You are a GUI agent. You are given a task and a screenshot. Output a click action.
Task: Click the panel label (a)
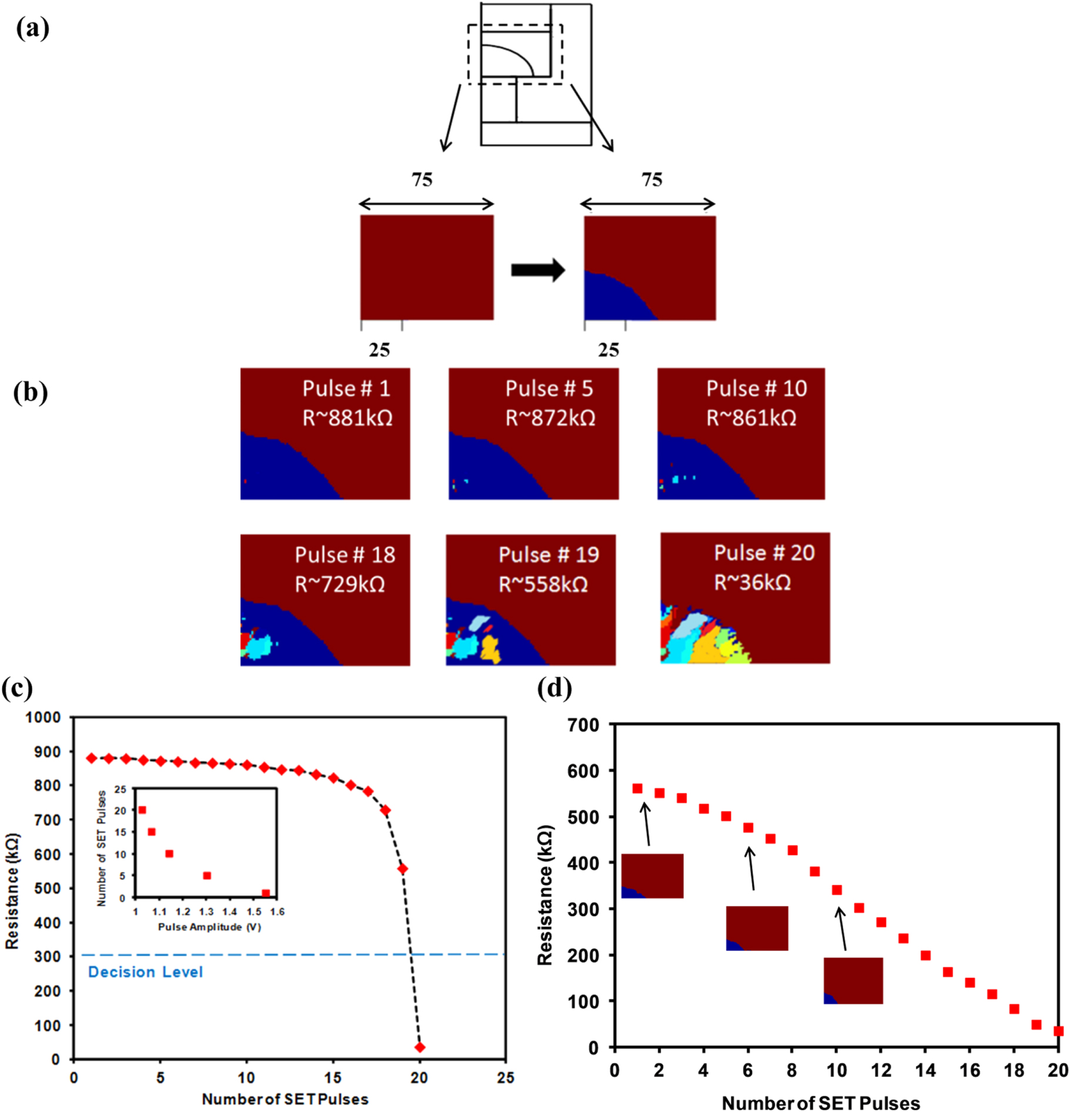point(32,28)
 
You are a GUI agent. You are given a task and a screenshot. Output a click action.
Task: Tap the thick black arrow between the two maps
point(537,271)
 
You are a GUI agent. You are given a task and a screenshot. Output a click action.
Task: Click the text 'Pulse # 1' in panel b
point(346,389)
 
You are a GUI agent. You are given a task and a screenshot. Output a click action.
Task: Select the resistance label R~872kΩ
point(550,418)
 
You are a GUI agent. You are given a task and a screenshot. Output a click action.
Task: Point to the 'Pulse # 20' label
point(764,553)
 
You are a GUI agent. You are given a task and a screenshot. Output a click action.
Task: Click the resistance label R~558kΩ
point(543,585)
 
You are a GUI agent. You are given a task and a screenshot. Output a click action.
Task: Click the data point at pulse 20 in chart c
point(420,1047)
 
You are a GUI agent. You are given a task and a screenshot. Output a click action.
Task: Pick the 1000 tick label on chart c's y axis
point(44,717)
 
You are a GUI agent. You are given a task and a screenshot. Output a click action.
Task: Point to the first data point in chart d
point(637,789)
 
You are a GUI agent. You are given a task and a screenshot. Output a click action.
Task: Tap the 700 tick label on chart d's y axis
point(583,724)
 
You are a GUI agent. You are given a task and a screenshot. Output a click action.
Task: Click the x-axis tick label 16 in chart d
point(969,1071)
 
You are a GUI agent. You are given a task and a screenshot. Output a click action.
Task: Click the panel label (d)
point(554,687)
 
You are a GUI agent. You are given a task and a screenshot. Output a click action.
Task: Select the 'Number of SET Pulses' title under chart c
point(285,1099)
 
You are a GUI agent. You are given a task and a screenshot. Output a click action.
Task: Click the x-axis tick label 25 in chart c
point(506,1078)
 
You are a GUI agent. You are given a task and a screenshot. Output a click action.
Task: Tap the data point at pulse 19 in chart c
point(403,869)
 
